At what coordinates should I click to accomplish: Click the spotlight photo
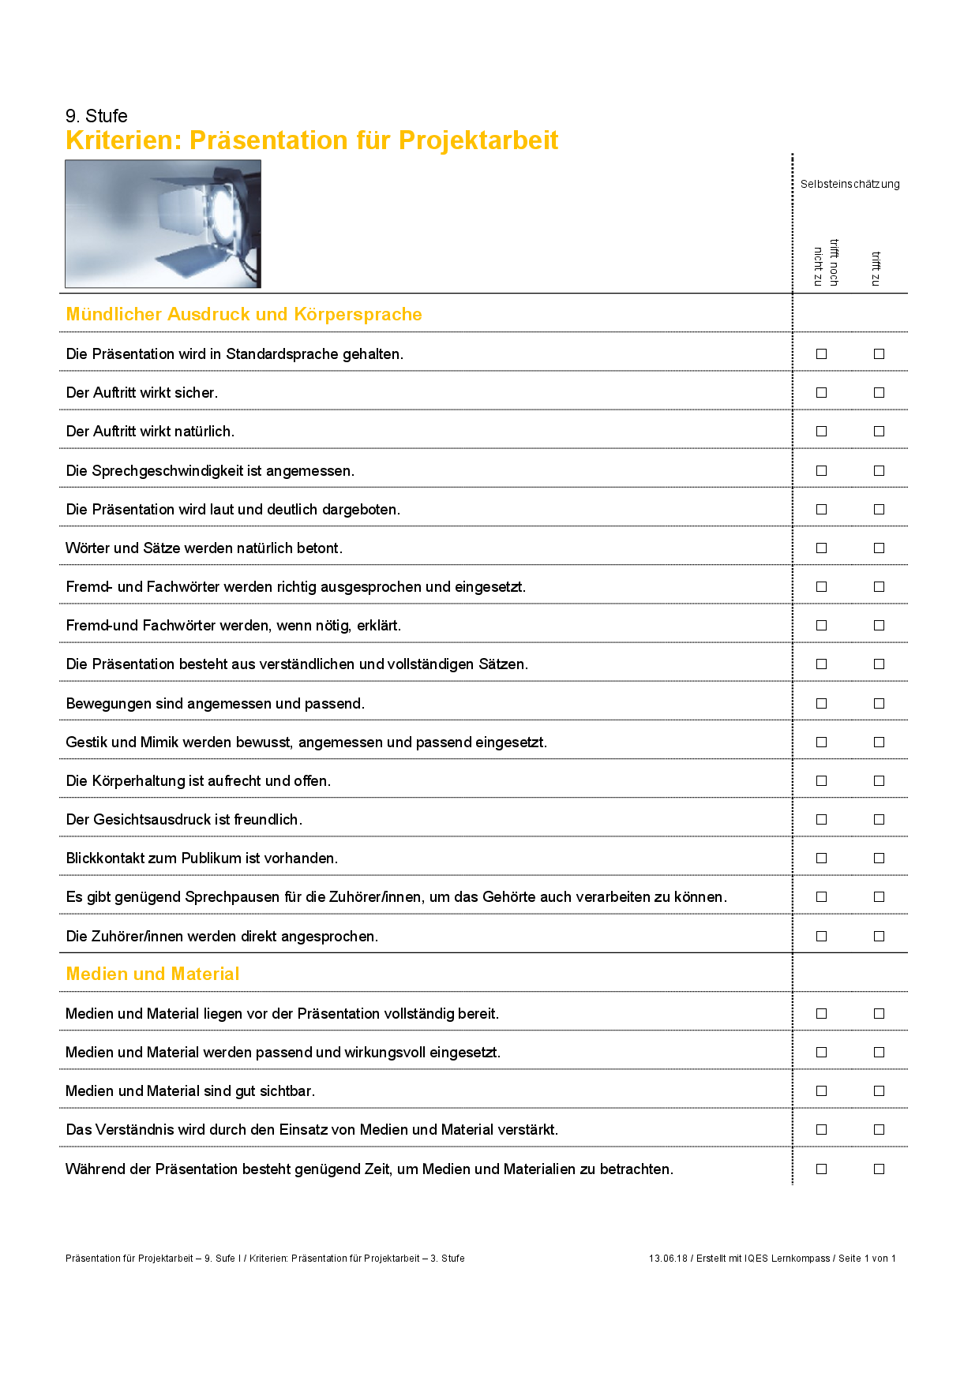[163, 224]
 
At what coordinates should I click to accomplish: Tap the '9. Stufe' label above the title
[96, 116]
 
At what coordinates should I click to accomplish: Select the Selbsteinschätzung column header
[850, 184]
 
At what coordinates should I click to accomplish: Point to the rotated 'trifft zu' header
[876, 268]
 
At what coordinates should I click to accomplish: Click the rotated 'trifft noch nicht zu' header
[826, 263]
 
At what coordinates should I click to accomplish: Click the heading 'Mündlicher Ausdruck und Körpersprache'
[244, 314]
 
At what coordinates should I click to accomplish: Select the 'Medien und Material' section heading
[152, 974]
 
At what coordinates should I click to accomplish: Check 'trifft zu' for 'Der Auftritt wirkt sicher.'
[879, 393]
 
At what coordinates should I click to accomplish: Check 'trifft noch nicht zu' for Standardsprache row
[821, 354]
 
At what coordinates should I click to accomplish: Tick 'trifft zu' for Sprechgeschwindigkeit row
[879, 471]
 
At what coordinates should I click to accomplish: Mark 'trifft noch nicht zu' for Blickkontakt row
[821, 858]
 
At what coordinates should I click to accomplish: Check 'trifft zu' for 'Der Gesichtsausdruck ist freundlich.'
[879, 820]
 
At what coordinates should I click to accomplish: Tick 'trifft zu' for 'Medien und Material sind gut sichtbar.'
[879, 1091]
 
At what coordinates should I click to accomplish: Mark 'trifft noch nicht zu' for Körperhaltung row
[821, 781]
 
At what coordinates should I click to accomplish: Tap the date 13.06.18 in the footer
[668, 1259]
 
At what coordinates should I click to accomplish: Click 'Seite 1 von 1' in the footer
[867, 1259]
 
